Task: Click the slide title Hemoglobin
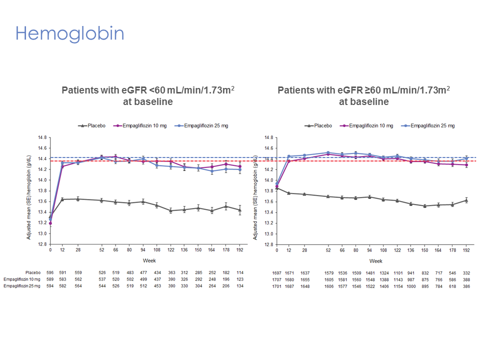click(x=69, y=33)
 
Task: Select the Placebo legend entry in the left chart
click(x=93, y=125)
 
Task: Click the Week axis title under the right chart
click(x=376, y=260)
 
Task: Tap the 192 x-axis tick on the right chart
click(x=466, y=249)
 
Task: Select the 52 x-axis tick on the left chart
click(x=101, y=249)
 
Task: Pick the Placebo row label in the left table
click(x=32, y=272)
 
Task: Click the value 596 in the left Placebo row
click(x=50, y=272)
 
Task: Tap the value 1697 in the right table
click(x=277, y=272)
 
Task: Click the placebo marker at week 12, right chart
click(x=288, y=193)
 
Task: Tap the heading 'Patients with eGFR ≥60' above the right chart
click(x=363, y=90)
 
